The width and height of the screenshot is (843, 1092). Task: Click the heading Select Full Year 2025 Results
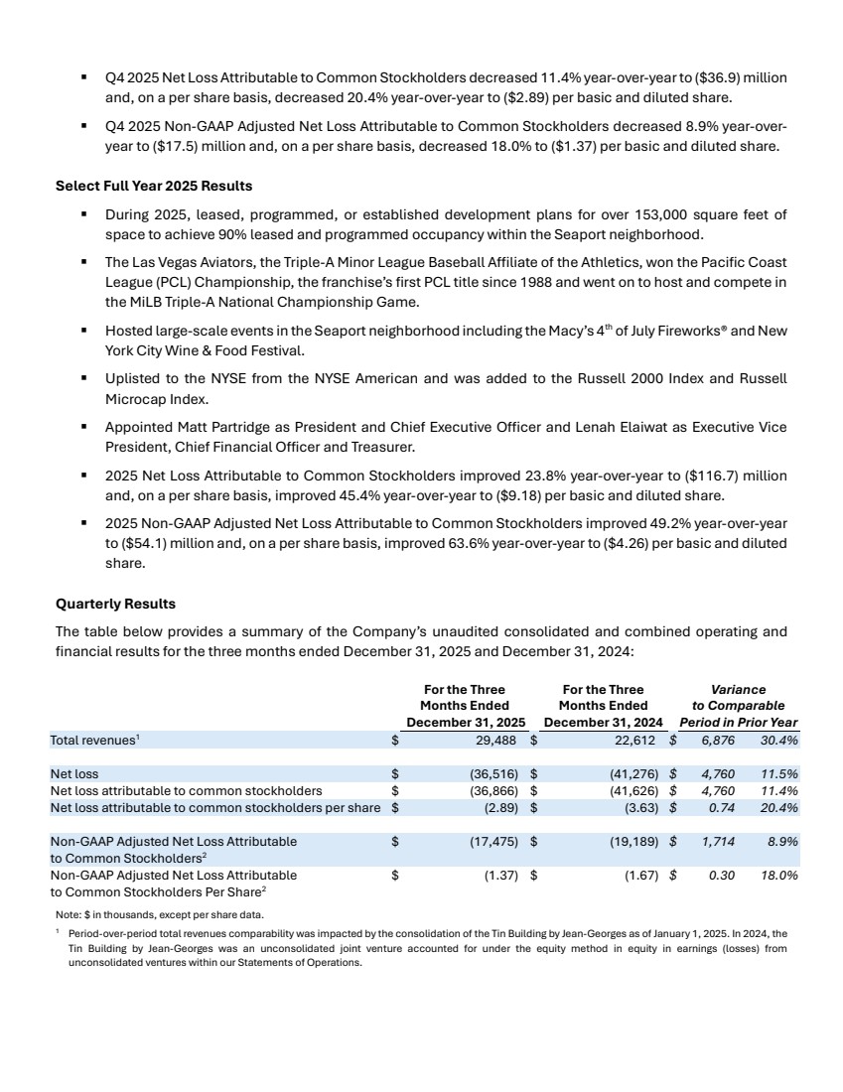(x=154, y=186)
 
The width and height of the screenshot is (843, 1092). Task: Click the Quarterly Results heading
(x=115, y=603)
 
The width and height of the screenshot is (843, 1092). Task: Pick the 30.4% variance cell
(x=777, y=740)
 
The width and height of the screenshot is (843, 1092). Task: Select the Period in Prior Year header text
(x=738, y=722)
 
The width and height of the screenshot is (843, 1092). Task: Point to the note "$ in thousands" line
(x=159, y=914)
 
